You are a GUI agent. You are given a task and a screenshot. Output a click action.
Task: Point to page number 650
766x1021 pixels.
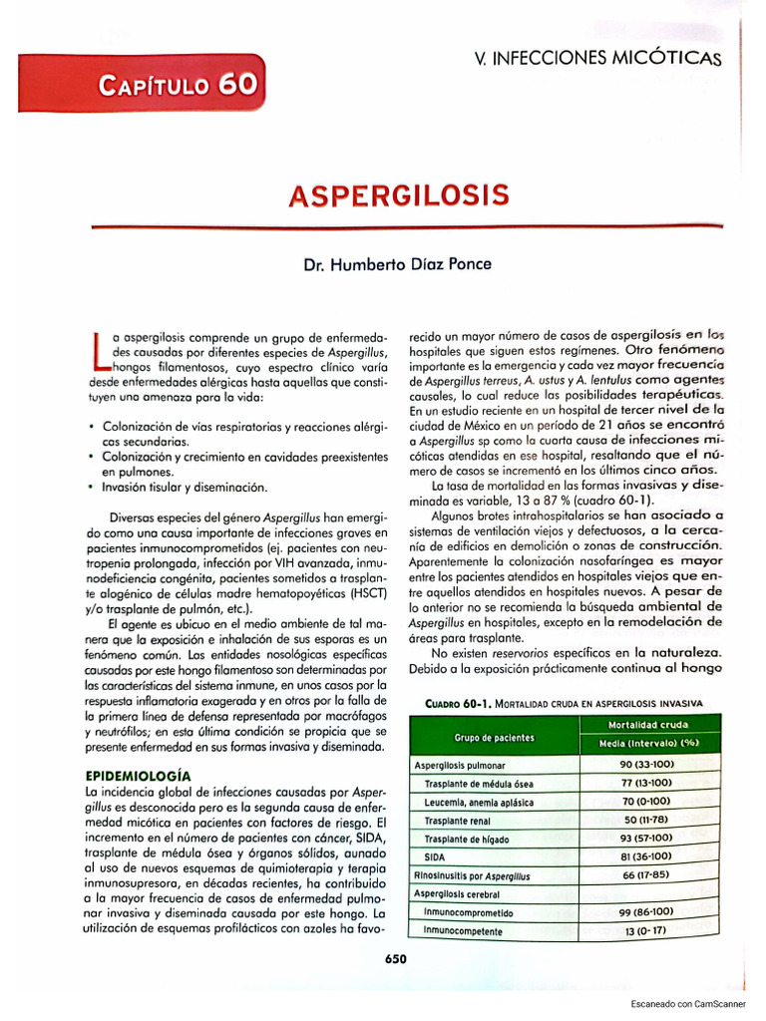[396, 959]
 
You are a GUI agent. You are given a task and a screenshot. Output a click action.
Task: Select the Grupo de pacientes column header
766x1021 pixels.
[494, 738]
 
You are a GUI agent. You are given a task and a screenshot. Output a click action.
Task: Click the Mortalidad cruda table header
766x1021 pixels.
[648, 724]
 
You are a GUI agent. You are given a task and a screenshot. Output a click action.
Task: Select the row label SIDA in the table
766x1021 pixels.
[437, 856]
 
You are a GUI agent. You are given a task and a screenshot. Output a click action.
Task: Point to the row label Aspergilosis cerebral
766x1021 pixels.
[458, 894]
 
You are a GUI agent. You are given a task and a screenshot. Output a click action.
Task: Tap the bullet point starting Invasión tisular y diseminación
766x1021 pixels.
[183, 488]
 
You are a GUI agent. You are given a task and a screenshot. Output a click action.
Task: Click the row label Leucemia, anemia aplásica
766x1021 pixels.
[479, 802]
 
